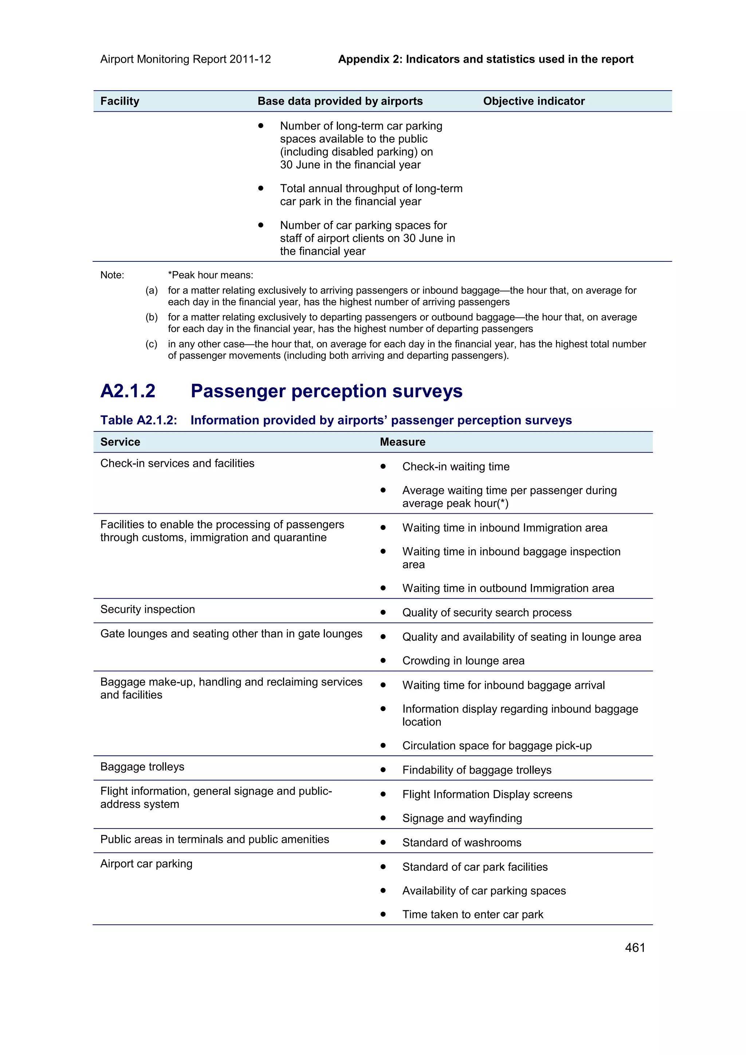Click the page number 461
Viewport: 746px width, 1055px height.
[635, 948]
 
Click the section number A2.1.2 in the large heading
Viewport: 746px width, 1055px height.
[128, 391]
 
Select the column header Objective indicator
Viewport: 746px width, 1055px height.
[534, 101]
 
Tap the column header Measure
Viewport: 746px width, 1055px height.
[402, 442]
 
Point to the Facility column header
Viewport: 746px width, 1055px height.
[119, 101]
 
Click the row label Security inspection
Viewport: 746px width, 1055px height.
[148, 609]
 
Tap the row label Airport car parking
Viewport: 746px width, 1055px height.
[146, 864]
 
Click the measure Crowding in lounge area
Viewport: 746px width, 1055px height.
[463, 660]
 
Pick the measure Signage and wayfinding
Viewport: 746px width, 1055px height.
[462, 818]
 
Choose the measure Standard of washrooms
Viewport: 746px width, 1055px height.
[462, 842]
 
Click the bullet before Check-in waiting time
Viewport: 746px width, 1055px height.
[383, 466]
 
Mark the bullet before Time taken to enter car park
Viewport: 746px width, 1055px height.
[383, 914]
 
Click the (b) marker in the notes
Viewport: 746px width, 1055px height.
[152, 317]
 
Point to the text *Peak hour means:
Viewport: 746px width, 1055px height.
[211, 275]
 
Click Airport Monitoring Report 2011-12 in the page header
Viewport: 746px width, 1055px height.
[185, 59]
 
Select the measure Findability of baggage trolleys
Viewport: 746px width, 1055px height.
[477, 770]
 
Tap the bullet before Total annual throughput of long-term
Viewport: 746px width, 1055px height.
[260, 188]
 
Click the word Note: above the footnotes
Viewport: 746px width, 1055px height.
[112, 275]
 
